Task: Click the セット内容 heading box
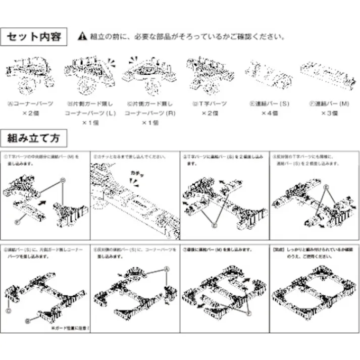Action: coord(34,37)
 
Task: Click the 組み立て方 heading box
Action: coord(34,137)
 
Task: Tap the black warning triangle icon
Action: coord(83,37)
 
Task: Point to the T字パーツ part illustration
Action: coord(209,74)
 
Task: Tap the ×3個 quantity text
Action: coord(329,114)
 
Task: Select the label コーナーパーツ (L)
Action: coord(90,114)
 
